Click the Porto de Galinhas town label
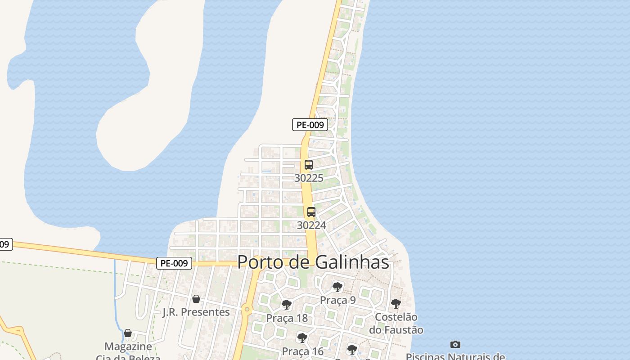(313, 262)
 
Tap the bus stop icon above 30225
(308, 165)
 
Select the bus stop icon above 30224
(311, 212)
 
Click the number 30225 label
(309, 178)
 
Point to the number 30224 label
(311, 225)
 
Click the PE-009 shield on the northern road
(310, 125)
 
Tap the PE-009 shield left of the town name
(174, 263)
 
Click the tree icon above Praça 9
(337, 287)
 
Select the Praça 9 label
(338, 300)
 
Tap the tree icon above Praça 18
(286, 305)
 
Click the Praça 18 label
(287, 318)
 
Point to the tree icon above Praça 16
(302, 337)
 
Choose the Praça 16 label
(302, 351)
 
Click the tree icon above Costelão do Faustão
(396, 304)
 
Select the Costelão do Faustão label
(396, 324)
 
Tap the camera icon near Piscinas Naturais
(455, 344)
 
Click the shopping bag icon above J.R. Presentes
(196, 298)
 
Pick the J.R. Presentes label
(196, 312)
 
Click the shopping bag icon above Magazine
(128, 333)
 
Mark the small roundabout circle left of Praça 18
(247, 309)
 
